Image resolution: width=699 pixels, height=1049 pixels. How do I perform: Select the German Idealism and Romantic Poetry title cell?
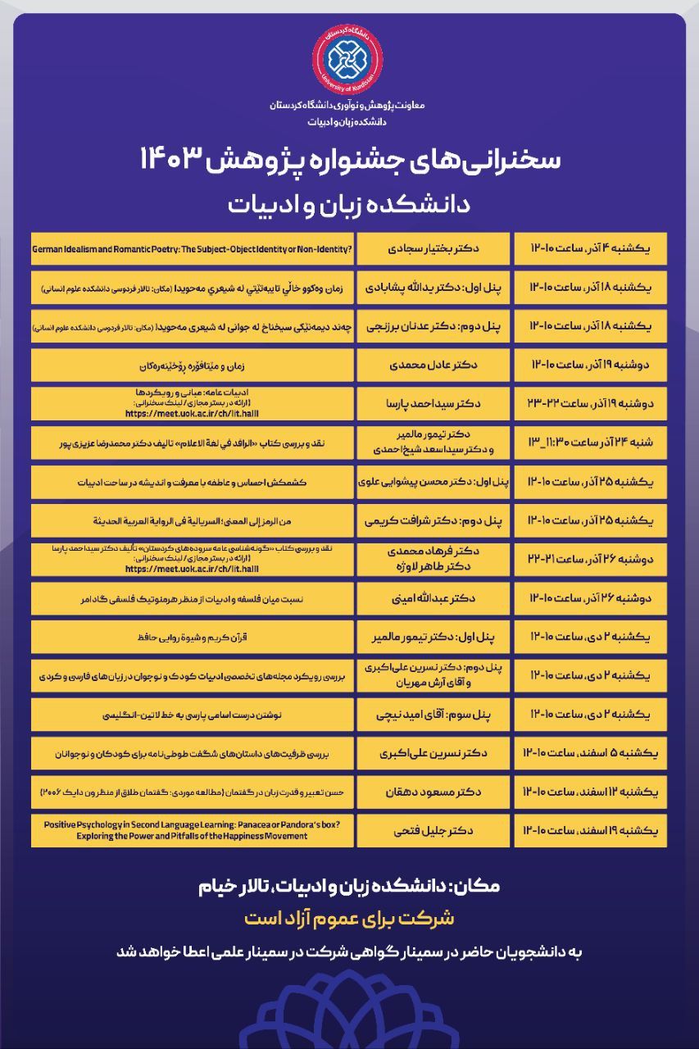(192, 247)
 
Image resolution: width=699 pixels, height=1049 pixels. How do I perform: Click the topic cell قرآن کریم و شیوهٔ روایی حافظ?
(192, 636)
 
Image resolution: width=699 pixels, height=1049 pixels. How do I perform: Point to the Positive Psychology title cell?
(192, 831)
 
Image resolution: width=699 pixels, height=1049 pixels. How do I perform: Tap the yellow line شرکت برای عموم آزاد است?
(349, 917)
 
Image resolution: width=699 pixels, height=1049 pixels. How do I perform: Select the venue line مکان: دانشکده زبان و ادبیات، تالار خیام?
(349, 886)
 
